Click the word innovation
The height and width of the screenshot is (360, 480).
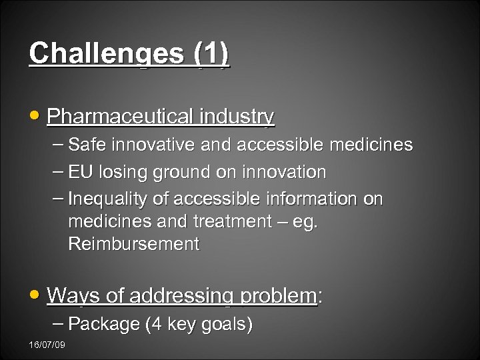(285, 172)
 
